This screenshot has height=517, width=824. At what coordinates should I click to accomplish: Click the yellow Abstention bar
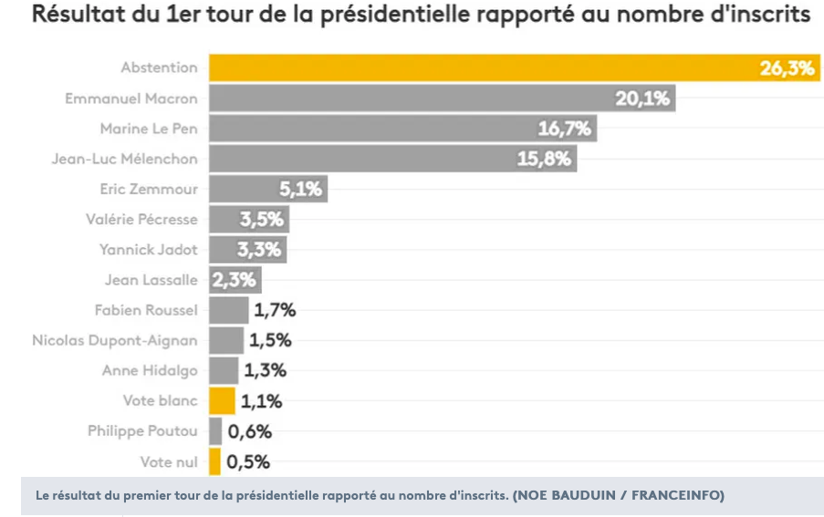point(515,67)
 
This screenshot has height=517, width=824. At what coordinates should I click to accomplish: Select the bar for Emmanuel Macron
point(443,98)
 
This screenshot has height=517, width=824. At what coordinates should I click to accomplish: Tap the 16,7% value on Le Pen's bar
point(565,129)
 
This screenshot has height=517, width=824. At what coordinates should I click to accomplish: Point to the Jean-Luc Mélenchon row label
point(124,159)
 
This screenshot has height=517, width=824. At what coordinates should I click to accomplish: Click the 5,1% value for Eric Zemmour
point(300,189)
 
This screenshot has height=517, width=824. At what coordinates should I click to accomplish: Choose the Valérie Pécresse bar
point(249,220)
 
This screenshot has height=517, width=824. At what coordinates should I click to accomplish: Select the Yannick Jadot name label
point(149,249)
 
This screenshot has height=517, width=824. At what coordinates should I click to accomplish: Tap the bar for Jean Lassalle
point(235,280)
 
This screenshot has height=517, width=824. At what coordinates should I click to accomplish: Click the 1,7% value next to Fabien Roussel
point(275,310)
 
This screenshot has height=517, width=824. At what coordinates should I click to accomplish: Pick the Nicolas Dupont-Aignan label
point(115,341)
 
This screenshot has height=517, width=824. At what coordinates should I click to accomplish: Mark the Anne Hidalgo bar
point(224,370)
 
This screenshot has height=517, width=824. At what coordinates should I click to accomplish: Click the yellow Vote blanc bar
point(223,401)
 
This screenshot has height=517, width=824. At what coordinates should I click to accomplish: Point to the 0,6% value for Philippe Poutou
point(250,431)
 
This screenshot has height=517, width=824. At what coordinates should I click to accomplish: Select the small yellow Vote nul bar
point(215,462)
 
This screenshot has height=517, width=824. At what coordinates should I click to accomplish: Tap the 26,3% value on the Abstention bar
point(787,68)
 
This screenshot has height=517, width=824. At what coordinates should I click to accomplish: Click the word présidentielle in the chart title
point(395,15)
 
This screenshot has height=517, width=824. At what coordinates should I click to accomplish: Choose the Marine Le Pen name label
point(149,129)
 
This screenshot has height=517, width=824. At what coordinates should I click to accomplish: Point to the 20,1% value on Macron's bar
point(642,98)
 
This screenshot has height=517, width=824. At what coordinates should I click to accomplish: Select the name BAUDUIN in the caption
point(583,495)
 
